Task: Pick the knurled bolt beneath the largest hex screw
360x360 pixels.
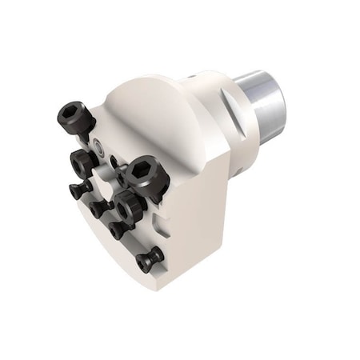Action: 126,206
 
